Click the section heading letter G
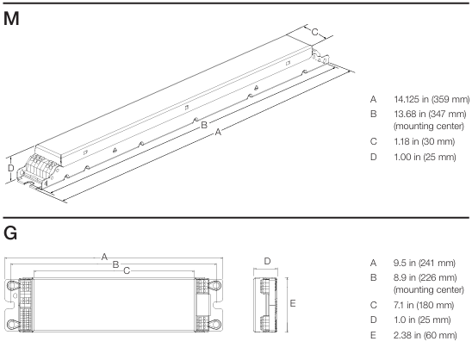11,233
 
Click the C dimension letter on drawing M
315,33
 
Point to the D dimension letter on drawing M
10,169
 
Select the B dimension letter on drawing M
203,125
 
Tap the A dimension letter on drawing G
104,257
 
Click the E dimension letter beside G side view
294,303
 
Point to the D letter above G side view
267,261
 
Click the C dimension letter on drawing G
127,271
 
